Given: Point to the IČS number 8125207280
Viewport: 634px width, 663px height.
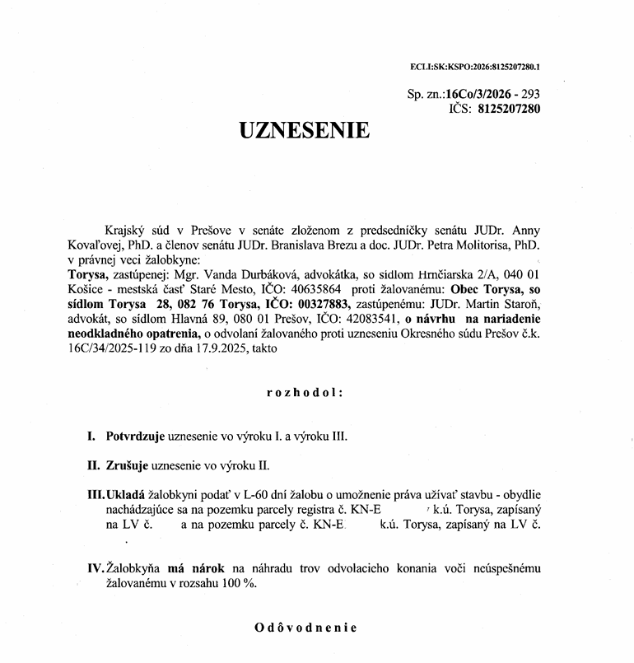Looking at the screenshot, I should pyautogui.click(x=509, y=108).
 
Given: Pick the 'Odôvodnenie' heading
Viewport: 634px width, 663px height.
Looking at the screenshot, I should pyautogui.click(x=305, y=627).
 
